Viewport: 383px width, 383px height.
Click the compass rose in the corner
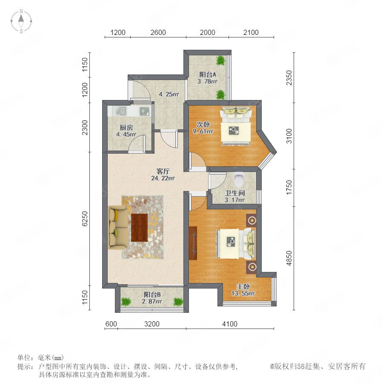(21, 21)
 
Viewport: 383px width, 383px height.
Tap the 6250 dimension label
(85, 219)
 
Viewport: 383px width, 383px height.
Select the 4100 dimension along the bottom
(230, 324)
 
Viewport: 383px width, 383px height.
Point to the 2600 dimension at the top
(158, 32)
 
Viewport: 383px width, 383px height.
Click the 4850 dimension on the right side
(289, 258)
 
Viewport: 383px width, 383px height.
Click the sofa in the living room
(117, 227)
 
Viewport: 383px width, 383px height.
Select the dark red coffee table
(139, 227)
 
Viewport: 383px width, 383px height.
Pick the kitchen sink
(121, 111)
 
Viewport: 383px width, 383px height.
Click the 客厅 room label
(163, 171)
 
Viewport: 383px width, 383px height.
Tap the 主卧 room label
(243, 286)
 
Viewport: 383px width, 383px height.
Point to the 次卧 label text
(203, 125)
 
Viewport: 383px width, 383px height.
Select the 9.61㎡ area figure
(203, 131)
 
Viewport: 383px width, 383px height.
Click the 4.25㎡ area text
(169, 94)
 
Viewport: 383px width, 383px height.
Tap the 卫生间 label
(235, 193)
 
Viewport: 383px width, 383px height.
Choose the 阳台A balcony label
(208, 74)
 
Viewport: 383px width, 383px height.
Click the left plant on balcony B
(126, 301)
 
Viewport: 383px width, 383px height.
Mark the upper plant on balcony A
(220, 60)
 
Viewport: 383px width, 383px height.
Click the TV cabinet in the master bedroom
(193, 243)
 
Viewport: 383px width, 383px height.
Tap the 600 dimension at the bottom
(111, 324)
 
